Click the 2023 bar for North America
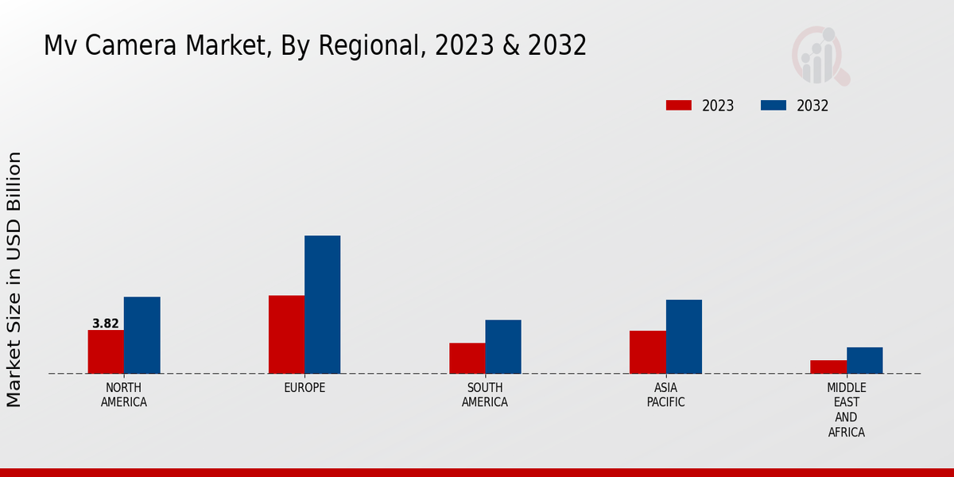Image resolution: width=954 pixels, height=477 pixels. tap(106, 351)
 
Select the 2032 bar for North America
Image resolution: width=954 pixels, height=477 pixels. tap(142, 335)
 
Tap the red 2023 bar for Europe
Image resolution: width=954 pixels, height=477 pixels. tap(286, 334)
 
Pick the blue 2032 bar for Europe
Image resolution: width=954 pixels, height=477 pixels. tap(322, 304)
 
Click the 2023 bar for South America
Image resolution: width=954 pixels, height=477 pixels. tap(467, 358)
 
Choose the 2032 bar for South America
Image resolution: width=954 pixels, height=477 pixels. tap(503, 347)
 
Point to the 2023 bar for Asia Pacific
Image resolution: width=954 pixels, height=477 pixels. tap(647, 351)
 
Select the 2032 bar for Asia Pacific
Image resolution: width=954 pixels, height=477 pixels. tap(684, 336)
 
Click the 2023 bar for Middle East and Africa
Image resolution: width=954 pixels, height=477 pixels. tap(828, 366)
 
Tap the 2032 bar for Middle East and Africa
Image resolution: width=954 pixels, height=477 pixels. tap(864, 360)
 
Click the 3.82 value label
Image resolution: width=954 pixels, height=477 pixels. tap(106, 324)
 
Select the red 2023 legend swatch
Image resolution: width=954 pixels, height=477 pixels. tap(679, 106)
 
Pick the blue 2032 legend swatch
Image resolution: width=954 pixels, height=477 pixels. tap(774, 106)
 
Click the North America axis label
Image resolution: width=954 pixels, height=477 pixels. tap(124, 395)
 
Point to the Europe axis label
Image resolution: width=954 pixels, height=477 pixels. tap(304, 388)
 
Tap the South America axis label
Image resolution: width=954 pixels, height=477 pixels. tap(485, 395)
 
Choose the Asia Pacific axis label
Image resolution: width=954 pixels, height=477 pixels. tap(665, 395)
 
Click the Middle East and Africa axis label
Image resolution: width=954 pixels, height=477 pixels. tap(846, 410)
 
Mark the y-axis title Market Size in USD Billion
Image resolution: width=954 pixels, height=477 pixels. tap(14, 279)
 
